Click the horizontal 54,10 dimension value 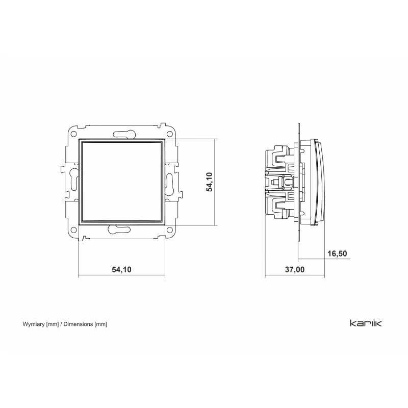121,270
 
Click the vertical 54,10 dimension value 209,182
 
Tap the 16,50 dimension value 337,253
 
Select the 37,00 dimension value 295,270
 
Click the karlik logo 366,323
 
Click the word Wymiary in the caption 34,324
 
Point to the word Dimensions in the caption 78,324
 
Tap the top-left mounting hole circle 74,134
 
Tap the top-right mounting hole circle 170,134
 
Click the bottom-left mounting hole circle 74,230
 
